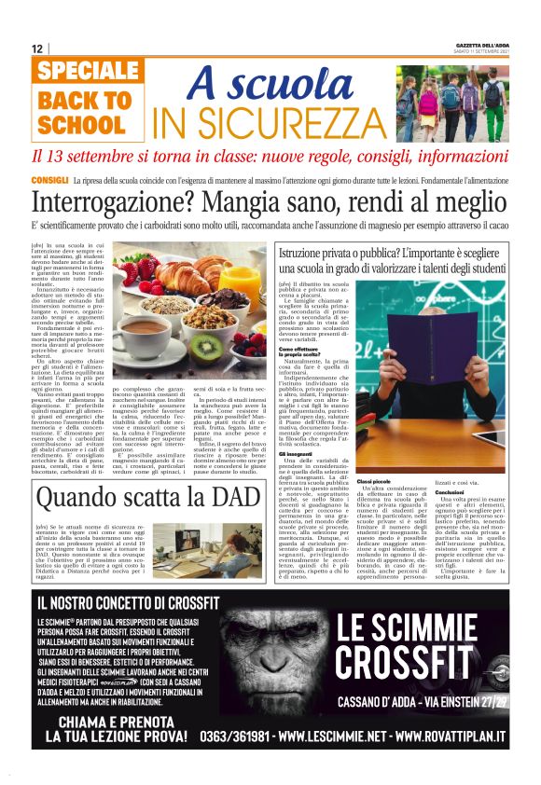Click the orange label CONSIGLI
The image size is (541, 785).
49,178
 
